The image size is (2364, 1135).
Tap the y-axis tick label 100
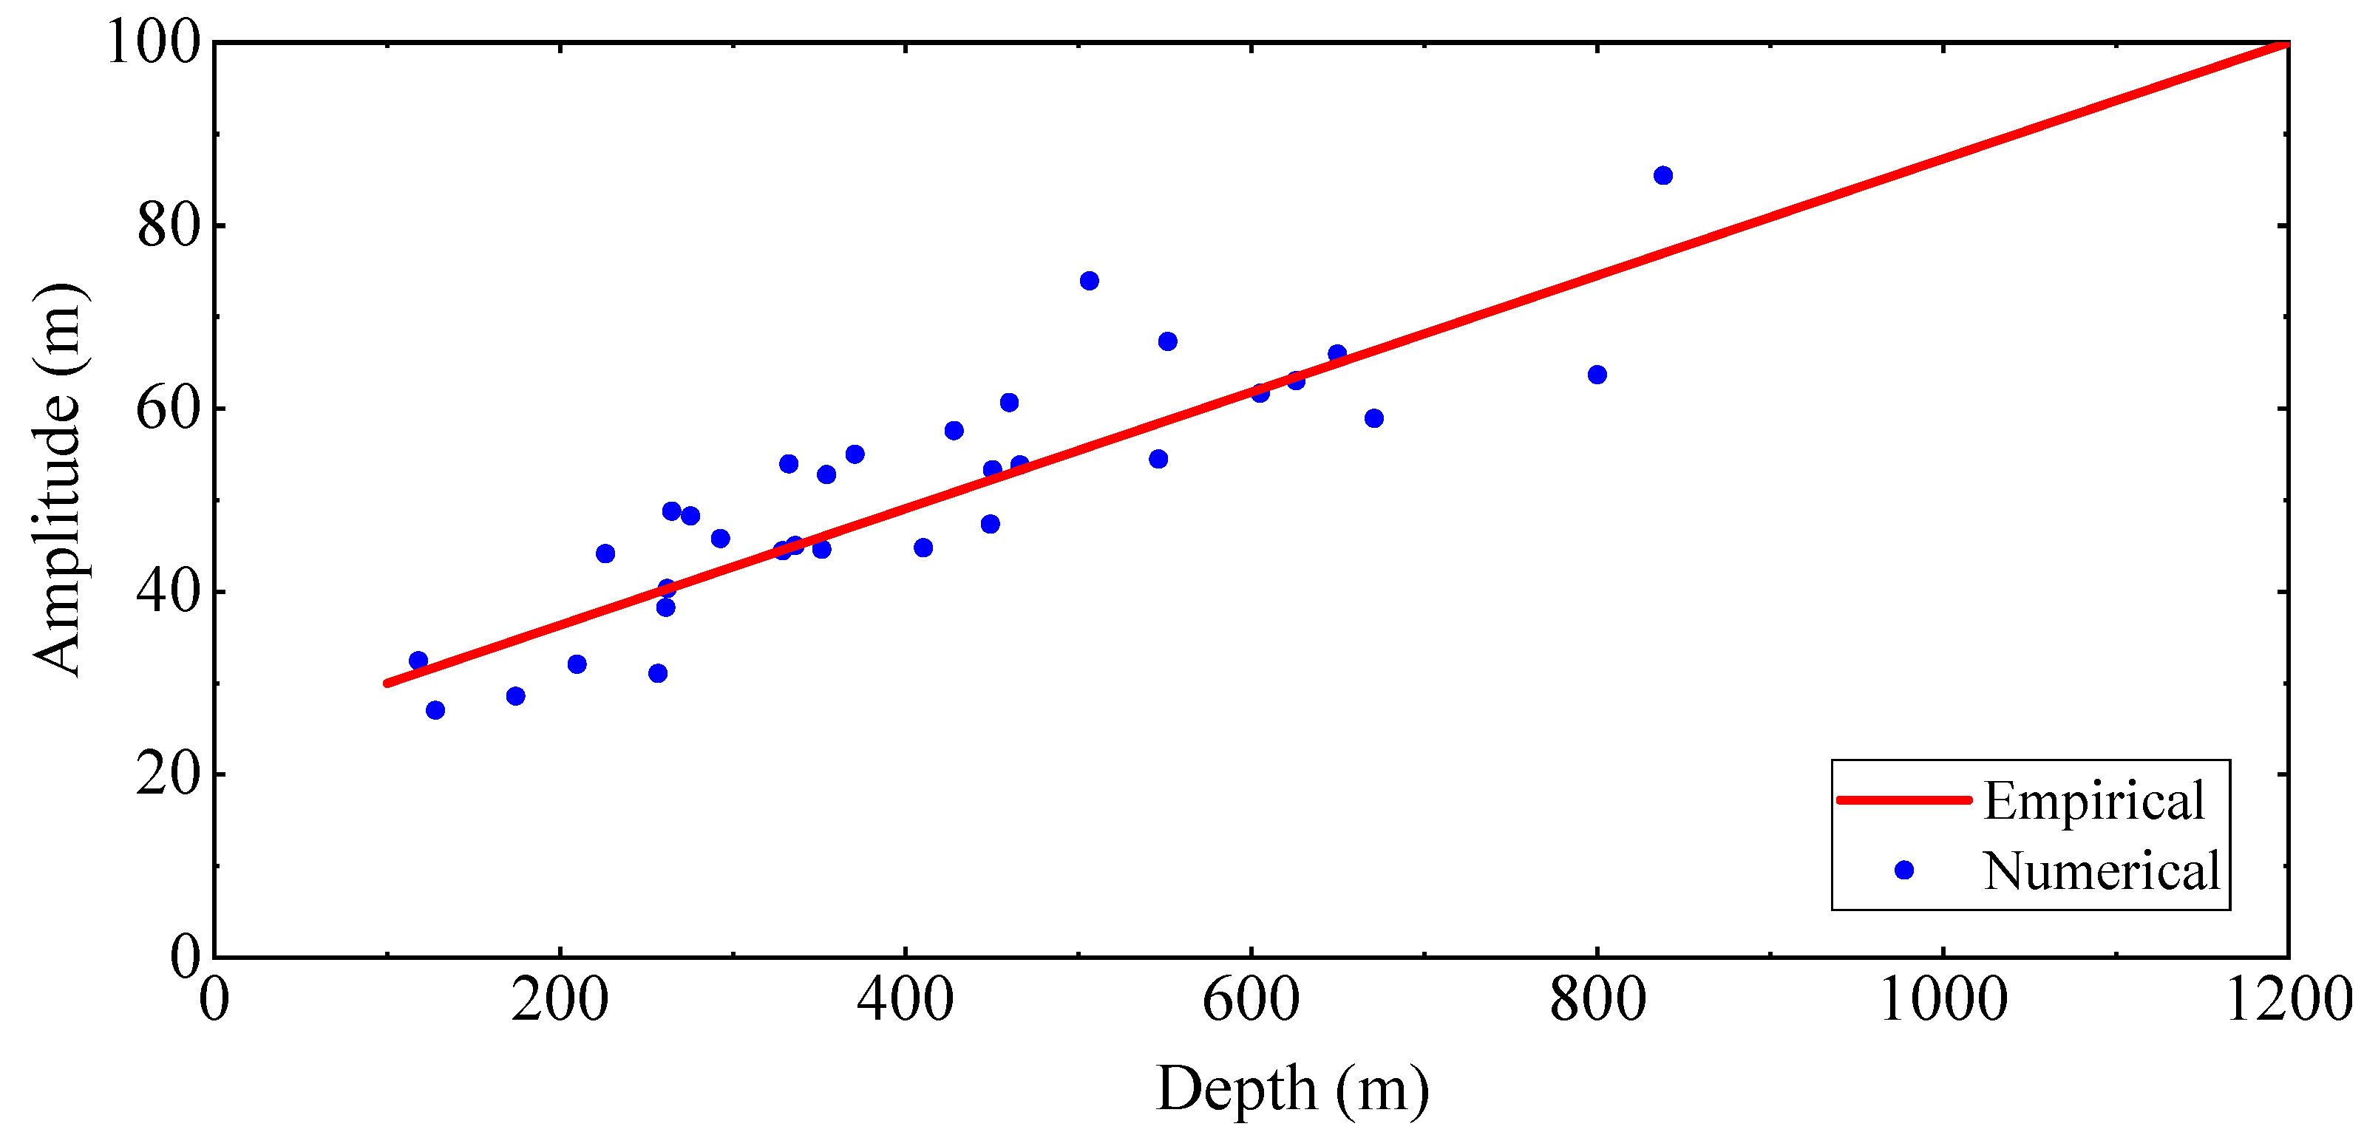click(153, 42)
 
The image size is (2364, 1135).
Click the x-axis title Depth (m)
click(1292, 1089)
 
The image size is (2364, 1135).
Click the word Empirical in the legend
click(2094, 801)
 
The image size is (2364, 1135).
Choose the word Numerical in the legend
click(2102, 870)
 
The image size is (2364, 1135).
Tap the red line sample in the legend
click(1904, 800)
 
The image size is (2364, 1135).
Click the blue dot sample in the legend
click(1904, 870)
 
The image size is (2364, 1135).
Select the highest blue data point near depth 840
click(1663, 175)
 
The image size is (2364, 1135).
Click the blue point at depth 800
click(1597, 375)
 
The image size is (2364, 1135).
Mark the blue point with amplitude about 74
click(1090, 281)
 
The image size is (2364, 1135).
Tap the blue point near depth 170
click(516, 696)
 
